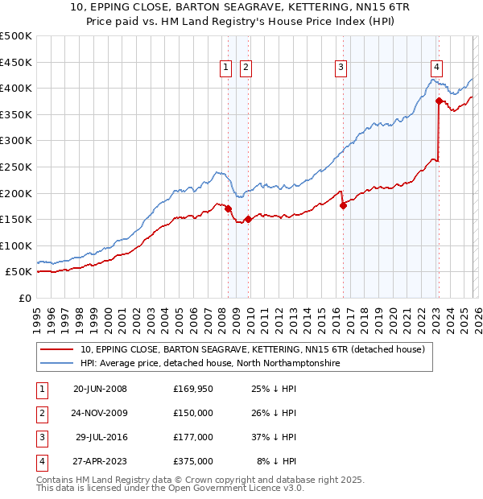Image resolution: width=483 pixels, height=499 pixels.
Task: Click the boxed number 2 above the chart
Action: (246, 68)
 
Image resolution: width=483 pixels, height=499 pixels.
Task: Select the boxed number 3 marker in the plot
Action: (341, 68)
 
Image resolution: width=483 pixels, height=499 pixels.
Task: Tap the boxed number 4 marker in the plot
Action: (436, 68)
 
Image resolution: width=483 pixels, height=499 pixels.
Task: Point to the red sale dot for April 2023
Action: (439, 101)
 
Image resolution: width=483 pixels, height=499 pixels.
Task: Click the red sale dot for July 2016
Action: (343, 205)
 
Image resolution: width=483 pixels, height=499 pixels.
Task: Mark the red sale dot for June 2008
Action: (228, 208)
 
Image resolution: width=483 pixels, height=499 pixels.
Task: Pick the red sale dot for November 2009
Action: (248, 219)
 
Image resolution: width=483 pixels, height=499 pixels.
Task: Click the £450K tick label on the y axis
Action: (16, 62)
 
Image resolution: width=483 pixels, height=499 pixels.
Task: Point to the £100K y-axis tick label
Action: (16, 245)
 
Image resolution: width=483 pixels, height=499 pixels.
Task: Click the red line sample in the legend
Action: (57, 349)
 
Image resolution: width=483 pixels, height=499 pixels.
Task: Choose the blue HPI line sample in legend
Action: (57, 364)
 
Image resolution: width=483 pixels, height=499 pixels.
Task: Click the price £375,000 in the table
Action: (193, 461)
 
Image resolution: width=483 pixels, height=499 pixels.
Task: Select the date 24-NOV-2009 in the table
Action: (100, 413)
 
